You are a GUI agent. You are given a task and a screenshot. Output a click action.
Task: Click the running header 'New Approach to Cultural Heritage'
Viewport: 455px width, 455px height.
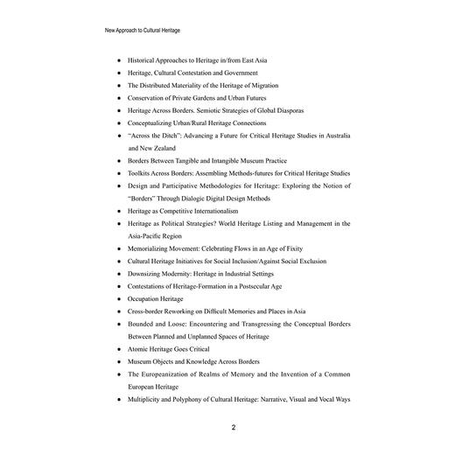click(142, 30)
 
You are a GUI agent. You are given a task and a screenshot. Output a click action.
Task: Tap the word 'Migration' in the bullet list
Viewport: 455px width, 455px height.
click(287, 86)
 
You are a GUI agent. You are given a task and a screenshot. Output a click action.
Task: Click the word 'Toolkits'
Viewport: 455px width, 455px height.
click(143, 173)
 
